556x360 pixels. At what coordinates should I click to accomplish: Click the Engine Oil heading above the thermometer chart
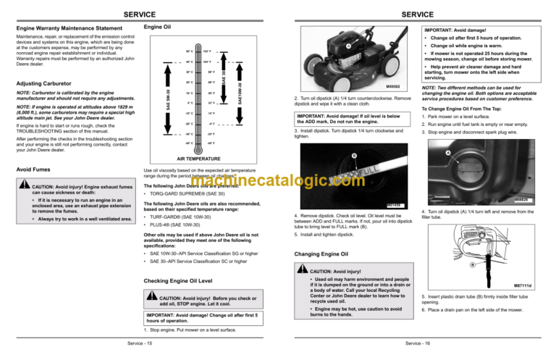click(158, 27)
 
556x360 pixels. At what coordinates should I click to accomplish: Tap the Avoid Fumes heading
click(33, 171)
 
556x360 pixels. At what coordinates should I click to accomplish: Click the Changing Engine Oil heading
click(319, 254)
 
